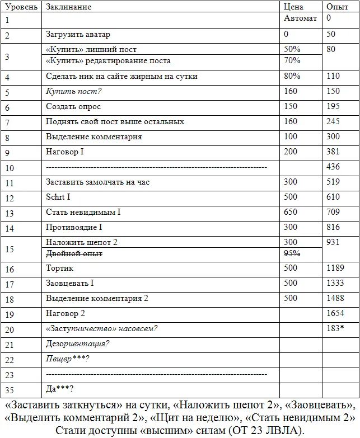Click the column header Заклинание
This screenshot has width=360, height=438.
coord(68,7)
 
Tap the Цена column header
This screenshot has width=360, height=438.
coord(294,7)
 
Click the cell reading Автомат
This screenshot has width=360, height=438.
coord(301,18)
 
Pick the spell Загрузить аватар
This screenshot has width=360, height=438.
coord(78,35)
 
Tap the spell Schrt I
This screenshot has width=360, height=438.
coord(58,197)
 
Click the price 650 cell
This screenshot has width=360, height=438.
coord(291,212)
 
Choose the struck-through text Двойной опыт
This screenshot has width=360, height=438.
coord(74,253)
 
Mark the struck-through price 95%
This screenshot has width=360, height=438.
coord(292,253)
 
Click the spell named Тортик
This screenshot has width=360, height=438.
coord(60,269)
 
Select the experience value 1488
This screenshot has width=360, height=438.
coord(335,298)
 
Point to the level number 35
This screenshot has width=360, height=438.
coord(9,390)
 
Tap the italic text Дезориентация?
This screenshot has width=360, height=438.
coord(77,343)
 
